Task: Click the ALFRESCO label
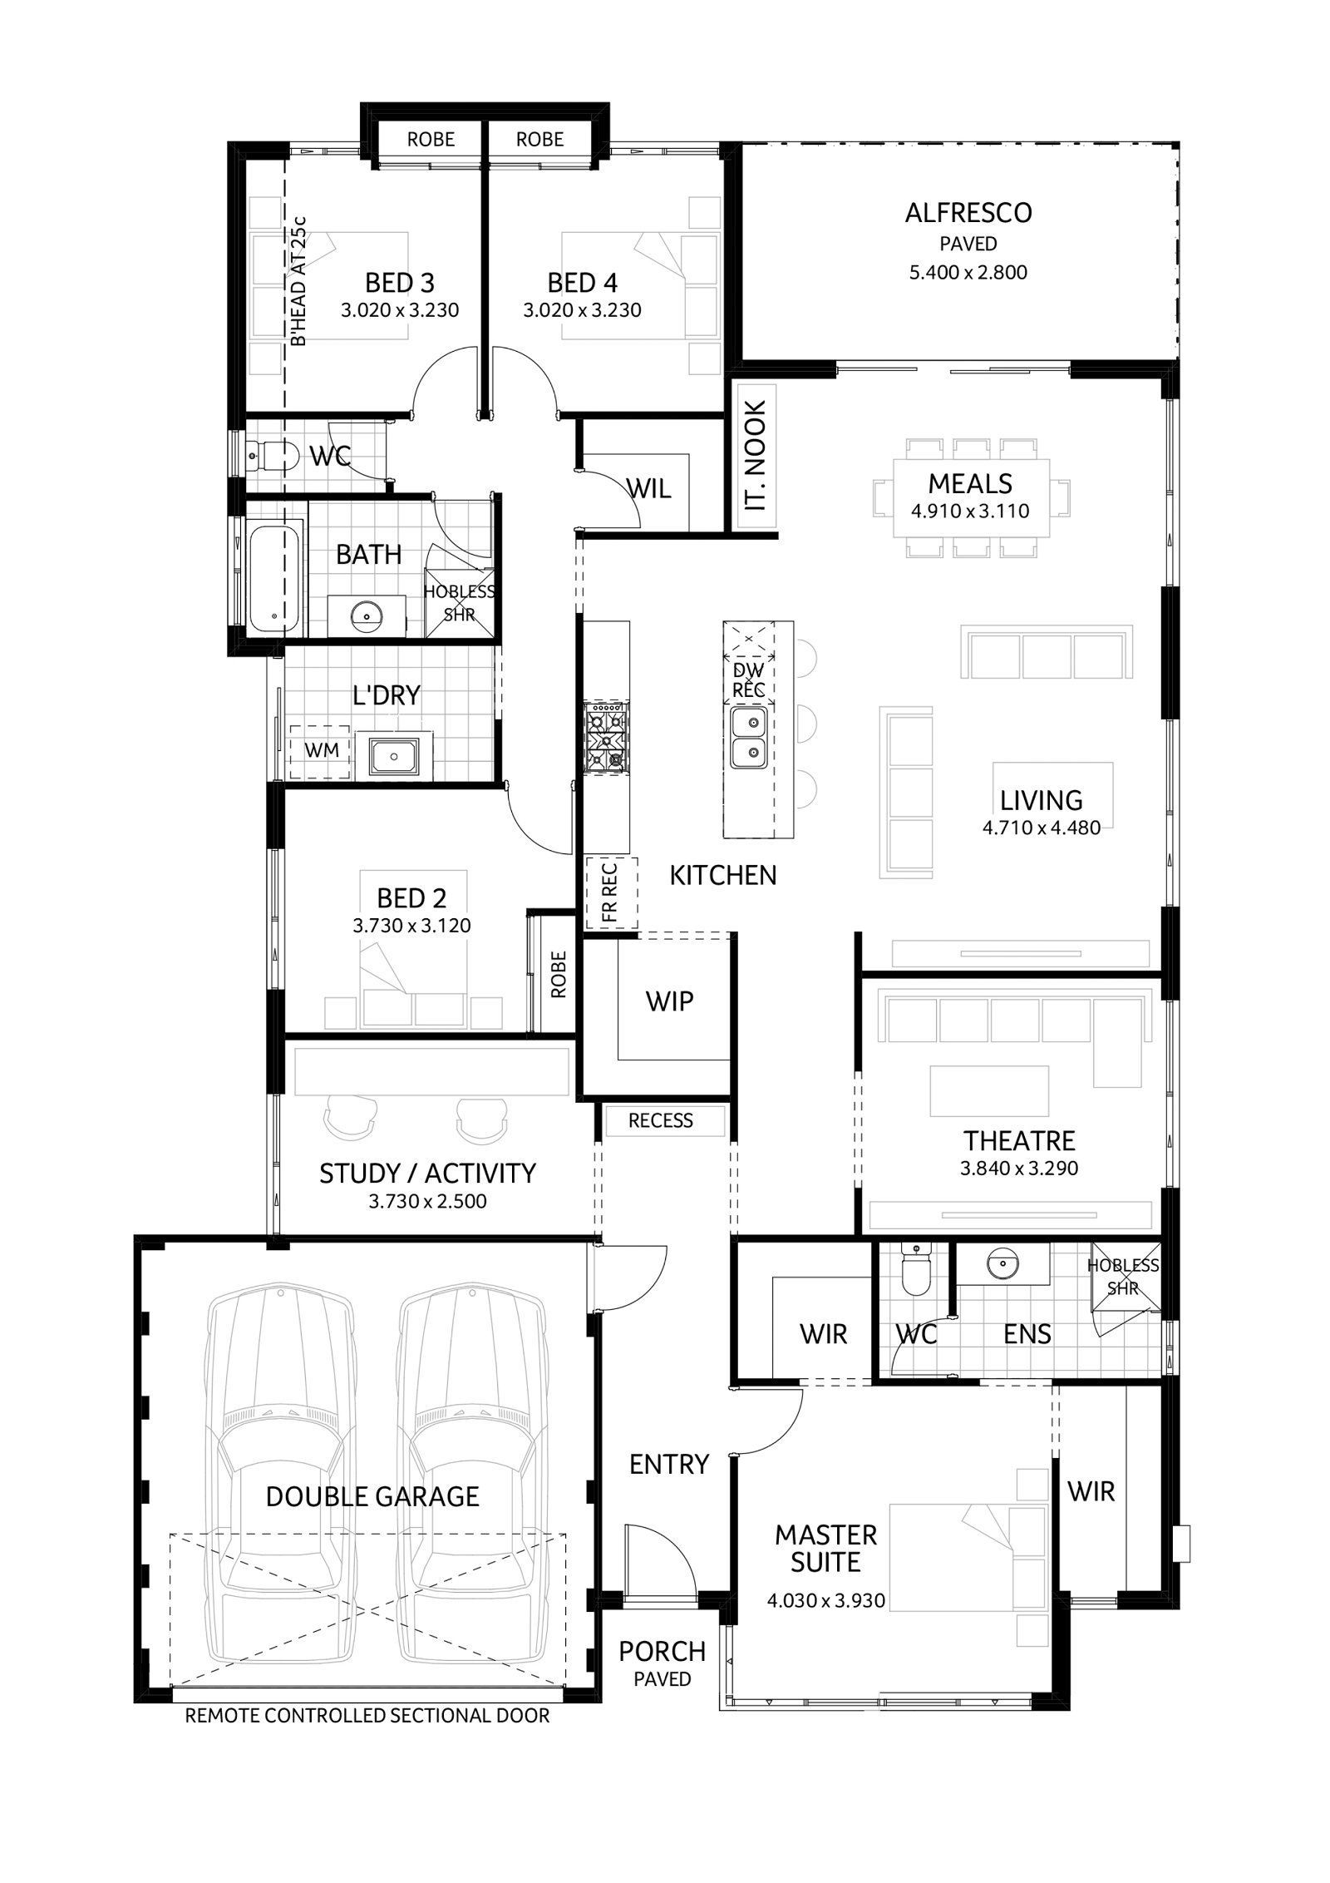click(x=968, y=213)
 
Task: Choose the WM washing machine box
click(x=321, y=751)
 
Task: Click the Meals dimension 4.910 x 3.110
click(x=970, y=511)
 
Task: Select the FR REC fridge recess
click(x=611, y=892)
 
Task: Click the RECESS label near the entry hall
click(x=661, y=1120)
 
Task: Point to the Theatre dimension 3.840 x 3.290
click(x=1019, y=1169)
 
